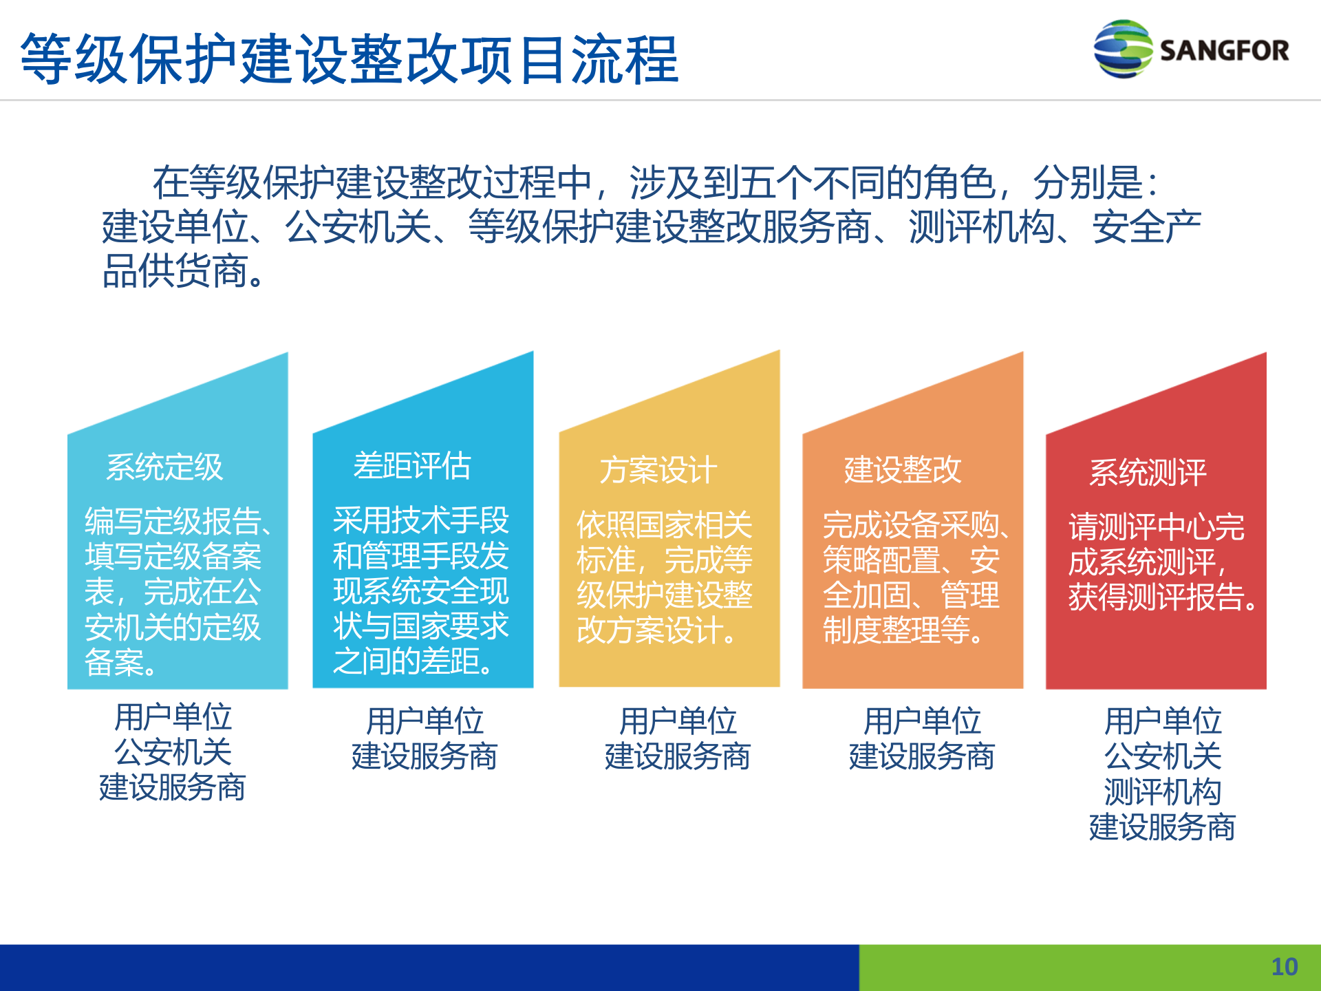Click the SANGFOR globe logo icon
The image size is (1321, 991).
coord(1122,50)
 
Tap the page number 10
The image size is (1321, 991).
coord(1284,967)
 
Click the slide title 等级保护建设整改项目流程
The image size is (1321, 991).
coord(350,59)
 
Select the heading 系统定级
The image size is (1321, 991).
coord(164,467)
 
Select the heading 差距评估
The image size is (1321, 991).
coord(411,466)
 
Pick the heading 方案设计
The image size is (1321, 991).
coord(658,471)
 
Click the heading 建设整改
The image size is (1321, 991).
coord(902,470)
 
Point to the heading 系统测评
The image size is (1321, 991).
coord(1147,473)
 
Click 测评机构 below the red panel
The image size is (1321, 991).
coord(1162,792)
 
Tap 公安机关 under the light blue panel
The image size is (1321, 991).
coord(173,752)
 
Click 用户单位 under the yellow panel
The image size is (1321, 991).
coord(678,721)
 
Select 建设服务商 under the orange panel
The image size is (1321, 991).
coord(921,756)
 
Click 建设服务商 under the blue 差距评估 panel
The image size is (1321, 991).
coord(425,756)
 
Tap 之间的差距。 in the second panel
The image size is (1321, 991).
coord(413,661)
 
